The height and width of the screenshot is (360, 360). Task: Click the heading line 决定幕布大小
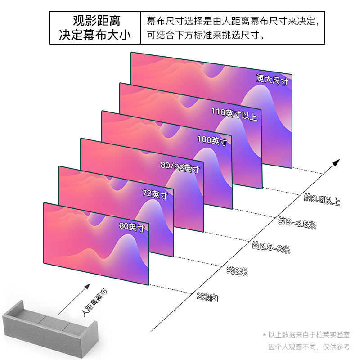96,36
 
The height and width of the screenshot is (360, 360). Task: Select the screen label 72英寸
155,195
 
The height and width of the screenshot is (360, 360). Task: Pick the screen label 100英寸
212,141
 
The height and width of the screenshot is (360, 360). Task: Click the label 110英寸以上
234,114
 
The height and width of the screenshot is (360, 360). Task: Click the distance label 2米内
207,297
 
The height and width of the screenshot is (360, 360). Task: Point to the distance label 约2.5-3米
271,247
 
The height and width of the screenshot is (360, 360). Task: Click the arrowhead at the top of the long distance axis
336,162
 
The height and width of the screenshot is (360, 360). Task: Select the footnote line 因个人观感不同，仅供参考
309,347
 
